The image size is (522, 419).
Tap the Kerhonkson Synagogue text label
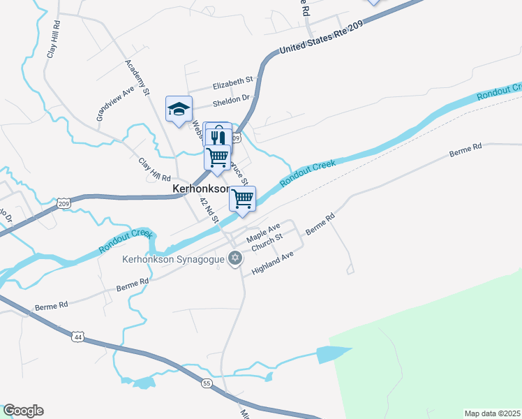pyautogui.click(x=173, y=259)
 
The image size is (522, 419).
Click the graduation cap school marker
pyautogui.click(x=179, y=108)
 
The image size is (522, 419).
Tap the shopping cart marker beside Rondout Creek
pyautogui.click(x=242, y=198)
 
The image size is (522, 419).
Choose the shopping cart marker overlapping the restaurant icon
pyautogui.click(x=218, y=157)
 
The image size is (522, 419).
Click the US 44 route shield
pyautogui.click(x=77, y=337)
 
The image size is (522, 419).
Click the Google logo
pyautogui.click(x=23, y=411)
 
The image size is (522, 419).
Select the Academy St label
pyautogui.click(x=138, y=78)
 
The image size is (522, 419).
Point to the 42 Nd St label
pyautogui.click(x=209, y=210)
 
